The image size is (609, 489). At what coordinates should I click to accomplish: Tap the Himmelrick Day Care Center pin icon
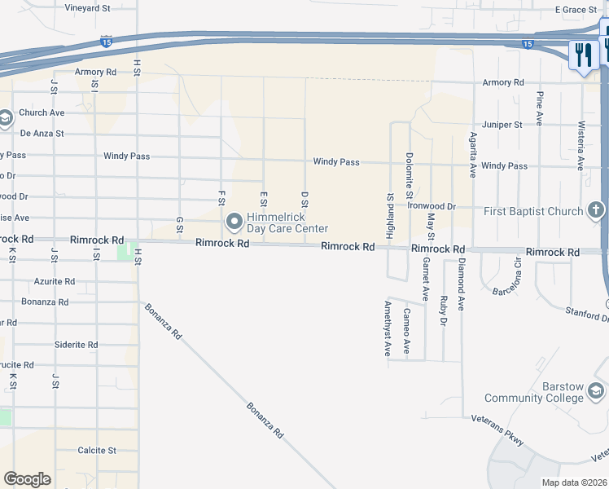[234, 221]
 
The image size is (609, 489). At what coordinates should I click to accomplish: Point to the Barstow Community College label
[533, 392]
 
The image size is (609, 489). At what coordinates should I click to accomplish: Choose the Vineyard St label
[88, 8]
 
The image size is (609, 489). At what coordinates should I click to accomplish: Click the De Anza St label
[42, 133]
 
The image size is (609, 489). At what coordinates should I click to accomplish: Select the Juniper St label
[502, 125]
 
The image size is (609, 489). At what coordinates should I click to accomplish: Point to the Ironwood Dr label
[432, 207]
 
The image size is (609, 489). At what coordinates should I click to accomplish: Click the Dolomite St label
[410, 175]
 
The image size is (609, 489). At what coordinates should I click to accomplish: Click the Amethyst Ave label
[388, 328]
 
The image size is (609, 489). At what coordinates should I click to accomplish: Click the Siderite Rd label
[76, 345]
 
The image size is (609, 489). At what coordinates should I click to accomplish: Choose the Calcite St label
[97, 450]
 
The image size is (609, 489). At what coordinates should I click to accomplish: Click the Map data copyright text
[573, 482]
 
